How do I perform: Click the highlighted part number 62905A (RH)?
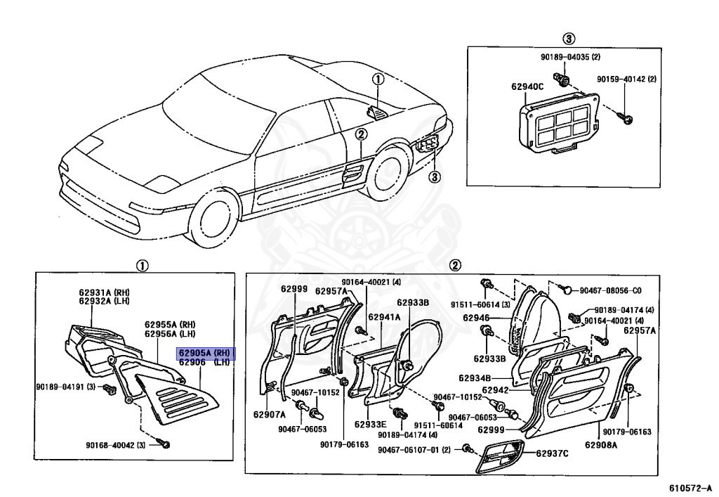point(205,353)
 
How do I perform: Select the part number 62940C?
point(527,86)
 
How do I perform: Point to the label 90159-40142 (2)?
point(627,79)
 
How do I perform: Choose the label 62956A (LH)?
point(170,334)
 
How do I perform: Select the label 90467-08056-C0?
point(609,290)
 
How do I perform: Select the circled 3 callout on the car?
point(435,176)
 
